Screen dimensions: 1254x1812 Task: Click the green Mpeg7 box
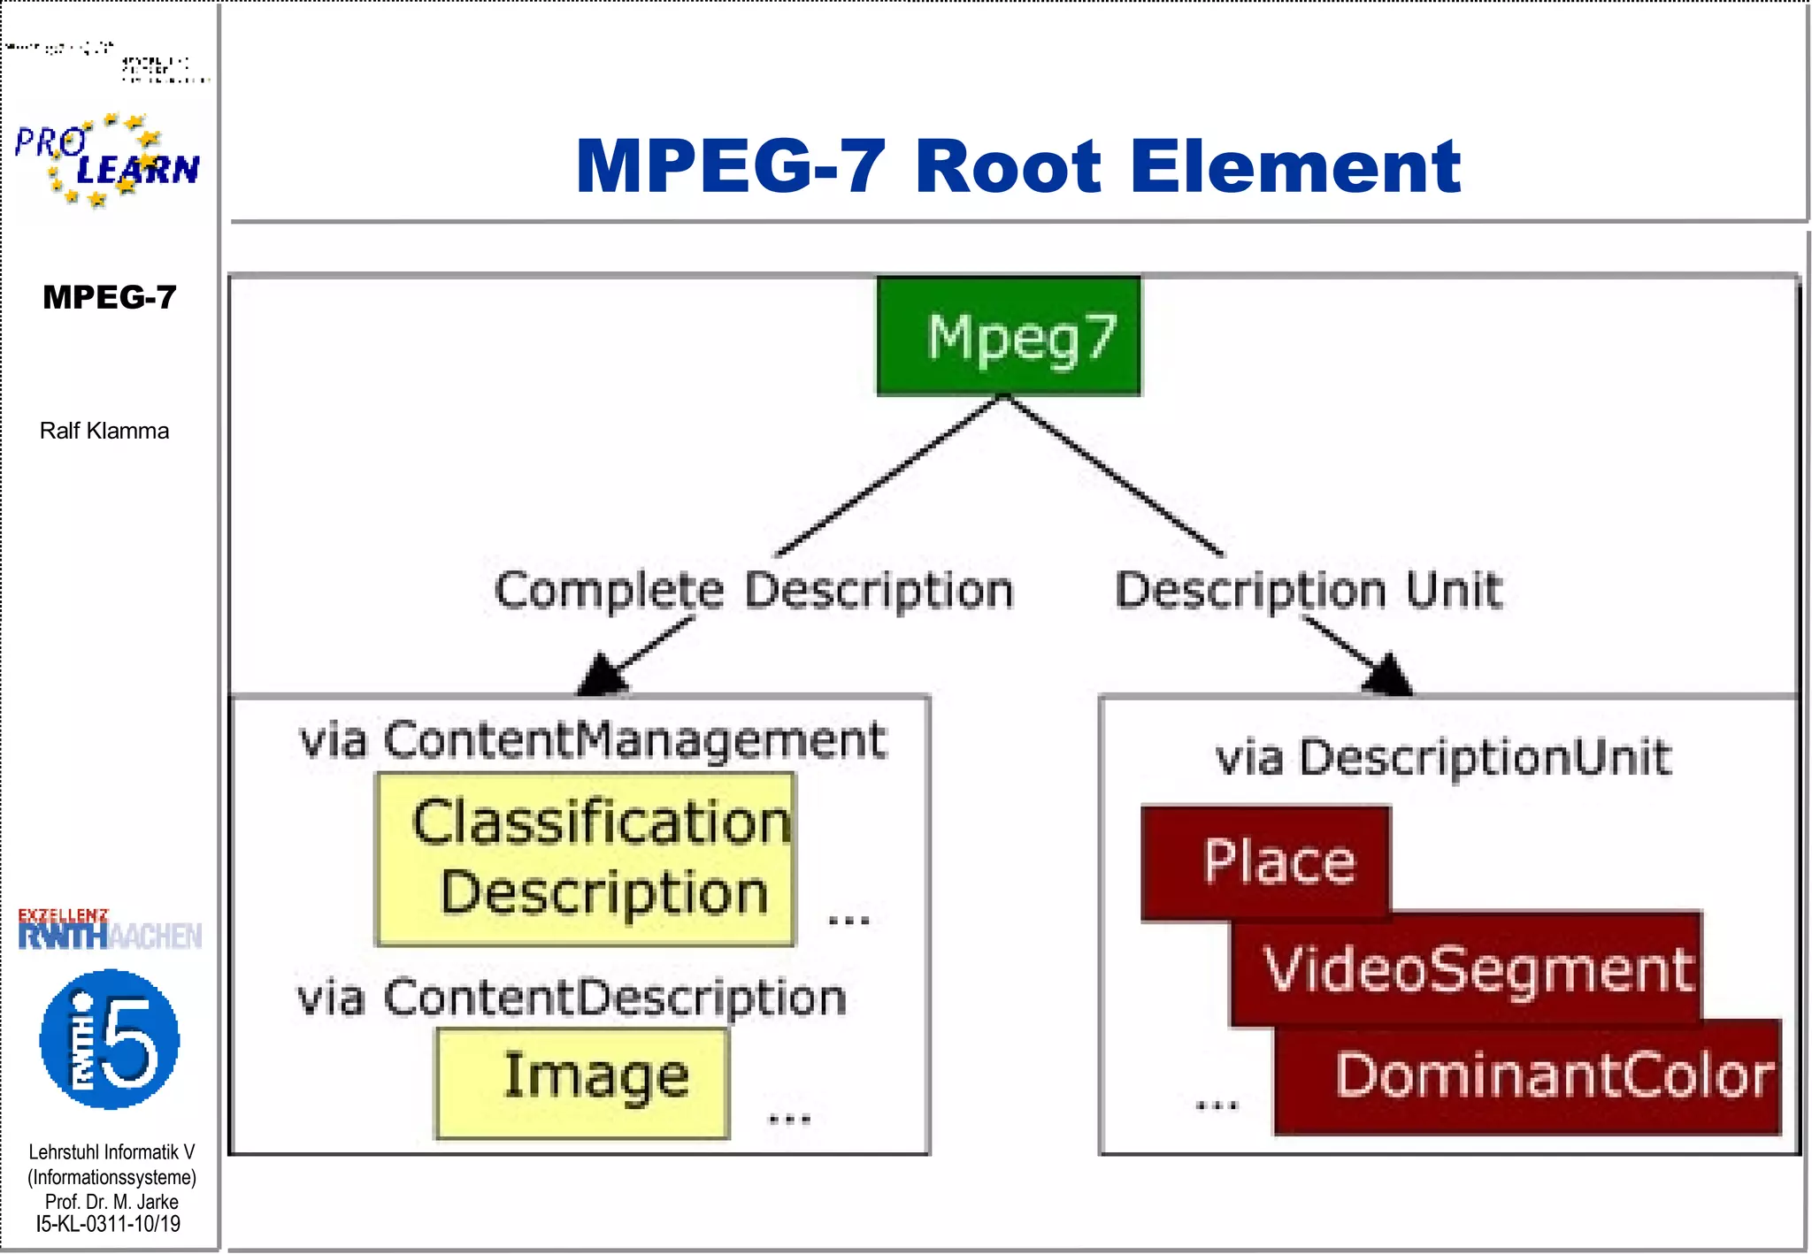click(1009, 336)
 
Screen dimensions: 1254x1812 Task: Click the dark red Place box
click(1266, 861)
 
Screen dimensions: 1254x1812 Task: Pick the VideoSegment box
click(1466, 969)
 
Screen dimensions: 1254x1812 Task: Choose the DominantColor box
click(1528, 1076)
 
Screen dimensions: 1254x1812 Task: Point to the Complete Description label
click(754, 590)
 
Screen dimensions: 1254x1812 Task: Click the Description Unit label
click(1309, 590)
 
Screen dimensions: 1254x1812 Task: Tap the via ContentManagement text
click(592, 739)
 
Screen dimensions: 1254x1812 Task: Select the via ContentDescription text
click(572, 998)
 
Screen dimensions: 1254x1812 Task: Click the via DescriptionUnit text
click(1443, 758)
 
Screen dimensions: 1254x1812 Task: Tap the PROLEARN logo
click(106, 160)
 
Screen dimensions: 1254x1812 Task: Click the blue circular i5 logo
click(110, 1039)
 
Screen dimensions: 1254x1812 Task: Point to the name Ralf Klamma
click(104, 431)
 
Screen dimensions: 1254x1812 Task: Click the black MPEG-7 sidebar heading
click(110, 297)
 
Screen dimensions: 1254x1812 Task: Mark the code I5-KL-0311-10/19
click(108, 1225)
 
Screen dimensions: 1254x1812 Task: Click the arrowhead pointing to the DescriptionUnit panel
click(1388, 676)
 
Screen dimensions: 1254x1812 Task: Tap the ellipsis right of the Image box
click(789, 1119)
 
